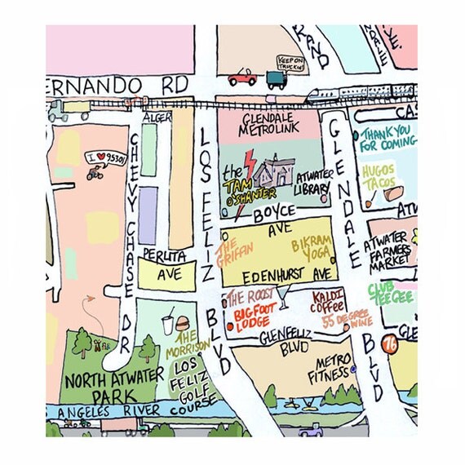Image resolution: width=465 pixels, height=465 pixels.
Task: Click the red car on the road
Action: pyautogui.click(x=241, y=77)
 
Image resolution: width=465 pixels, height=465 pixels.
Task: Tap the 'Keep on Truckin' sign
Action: pyautogui.click(x=290, y=63)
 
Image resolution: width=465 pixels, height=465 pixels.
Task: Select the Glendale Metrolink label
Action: pyautogui.click(x=270, y=122)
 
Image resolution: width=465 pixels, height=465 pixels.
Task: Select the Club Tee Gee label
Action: pyautogui.click(x=392, y=293)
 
